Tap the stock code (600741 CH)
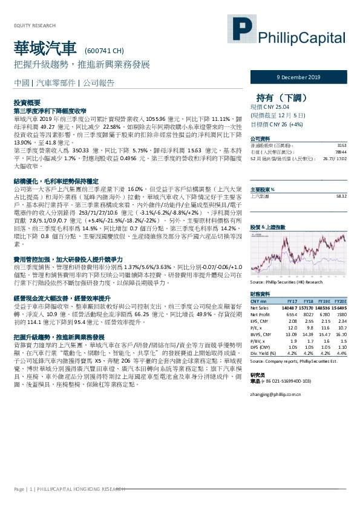pos(105,51)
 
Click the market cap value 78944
pos(341,152)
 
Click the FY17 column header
pos(292,301)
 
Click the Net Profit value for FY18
pos(307,314)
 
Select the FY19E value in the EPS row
pos(324,321)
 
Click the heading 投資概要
pos(26,104)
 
